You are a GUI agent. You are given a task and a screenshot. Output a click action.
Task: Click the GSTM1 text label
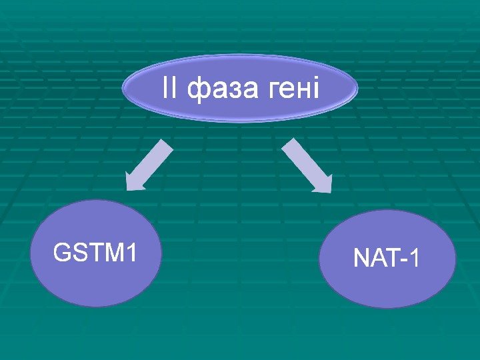coord(95,253)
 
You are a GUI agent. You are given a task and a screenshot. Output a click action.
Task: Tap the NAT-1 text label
coord(387,258)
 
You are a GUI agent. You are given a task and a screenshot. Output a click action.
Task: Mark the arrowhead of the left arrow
coord(135,183)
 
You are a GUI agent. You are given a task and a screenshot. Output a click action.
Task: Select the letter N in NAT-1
coord(361,258)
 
